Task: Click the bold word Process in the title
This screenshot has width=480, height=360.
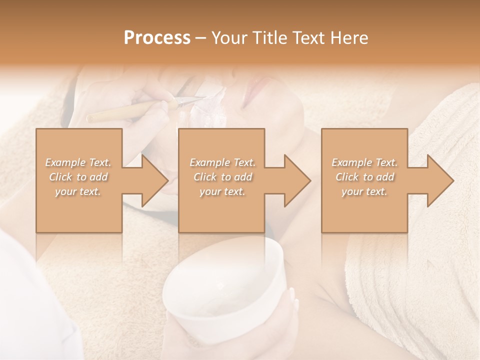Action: [157, 37]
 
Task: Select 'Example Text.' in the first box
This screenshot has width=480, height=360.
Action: [78, 162]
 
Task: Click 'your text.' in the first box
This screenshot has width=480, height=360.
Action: [78, 192]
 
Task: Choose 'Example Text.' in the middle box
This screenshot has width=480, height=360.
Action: [222, 162]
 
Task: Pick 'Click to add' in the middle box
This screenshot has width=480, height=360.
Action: [222, 177]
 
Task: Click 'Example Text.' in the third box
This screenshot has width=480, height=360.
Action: [364, 162]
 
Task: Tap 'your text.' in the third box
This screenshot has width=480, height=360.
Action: [364, 192]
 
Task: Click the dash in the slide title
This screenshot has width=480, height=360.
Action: [201, 37]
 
